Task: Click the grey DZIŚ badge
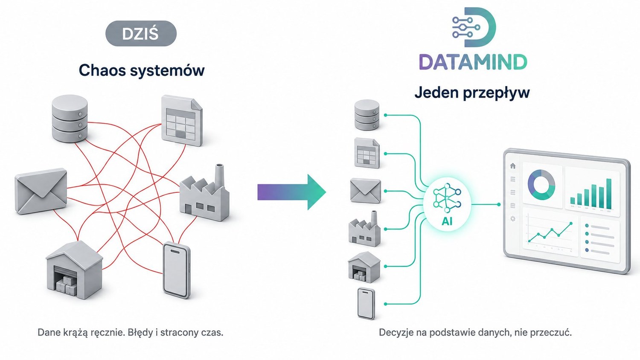tap(141, 33)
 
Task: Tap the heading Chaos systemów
tap(142, 70)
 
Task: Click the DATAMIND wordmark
tap(473, 62)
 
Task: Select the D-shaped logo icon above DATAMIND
tap(474, 27)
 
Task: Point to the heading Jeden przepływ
tap(472, 93)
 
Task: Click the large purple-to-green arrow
tap(292, 192)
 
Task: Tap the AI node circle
tap(447, 205)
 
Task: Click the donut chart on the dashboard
tap(541, 185)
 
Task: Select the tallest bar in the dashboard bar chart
tap(608, 194)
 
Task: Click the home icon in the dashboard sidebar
tap(513, 166)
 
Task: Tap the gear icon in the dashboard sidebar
tap(513, 219)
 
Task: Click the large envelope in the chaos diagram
tap(41, 191)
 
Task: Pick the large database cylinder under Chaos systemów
tap(70, 119)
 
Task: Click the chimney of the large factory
tap(219, 174)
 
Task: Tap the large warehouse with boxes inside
tap(74, 270)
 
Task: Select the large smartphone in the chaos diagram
tap(177, 270)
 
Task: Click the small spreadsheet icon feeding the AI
tap(367, 153)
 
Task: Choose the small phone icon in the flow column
tap(366, 303)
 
